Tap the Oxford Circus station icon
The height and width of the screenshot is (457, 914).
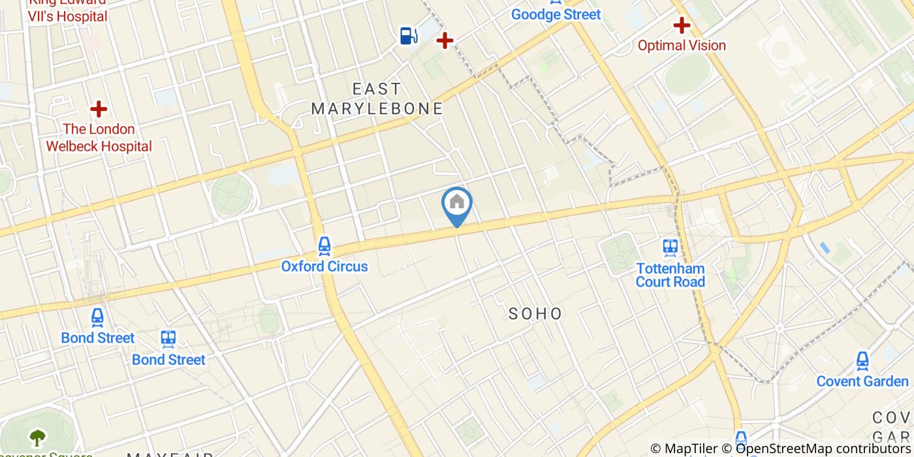[324, 246]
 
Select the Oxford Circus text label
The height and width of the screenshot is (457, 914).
[324, 266]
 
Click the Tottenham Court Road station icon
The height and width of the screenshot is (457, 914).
[670, 247]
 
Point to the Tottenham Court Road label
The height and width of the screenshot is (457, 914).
[670, 275]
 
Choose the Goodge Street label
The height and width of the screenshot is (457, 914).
[556, 14]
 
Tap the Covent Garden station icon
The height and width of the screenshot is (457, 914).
[862, 360]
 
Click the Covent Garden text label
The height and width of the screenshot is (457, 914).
[862, 381]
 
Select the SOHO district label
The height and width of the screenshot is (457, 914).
[535, 313]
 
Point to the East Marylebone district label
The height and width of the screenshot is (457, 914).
[377, 99]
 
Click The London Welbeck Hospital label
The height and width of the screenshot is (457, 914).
[99, 138]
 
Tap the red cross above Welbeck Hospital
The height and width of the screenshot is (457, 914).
[99, 108]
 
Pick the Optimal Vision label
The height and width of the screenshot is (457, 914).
[682, 45]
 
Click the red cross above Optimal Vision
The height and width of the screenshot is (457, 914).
[682, 25]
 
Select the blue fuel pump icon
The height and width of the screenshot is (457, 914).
[409, 35]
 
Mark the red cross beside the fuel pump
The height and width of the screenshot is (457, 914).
[445, 41]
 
